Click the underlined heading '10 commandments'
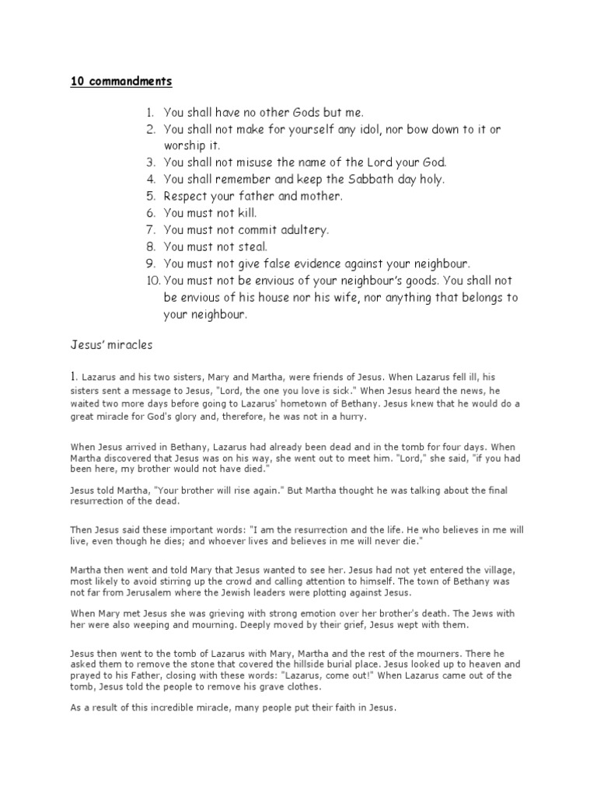tap(120, 81)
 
